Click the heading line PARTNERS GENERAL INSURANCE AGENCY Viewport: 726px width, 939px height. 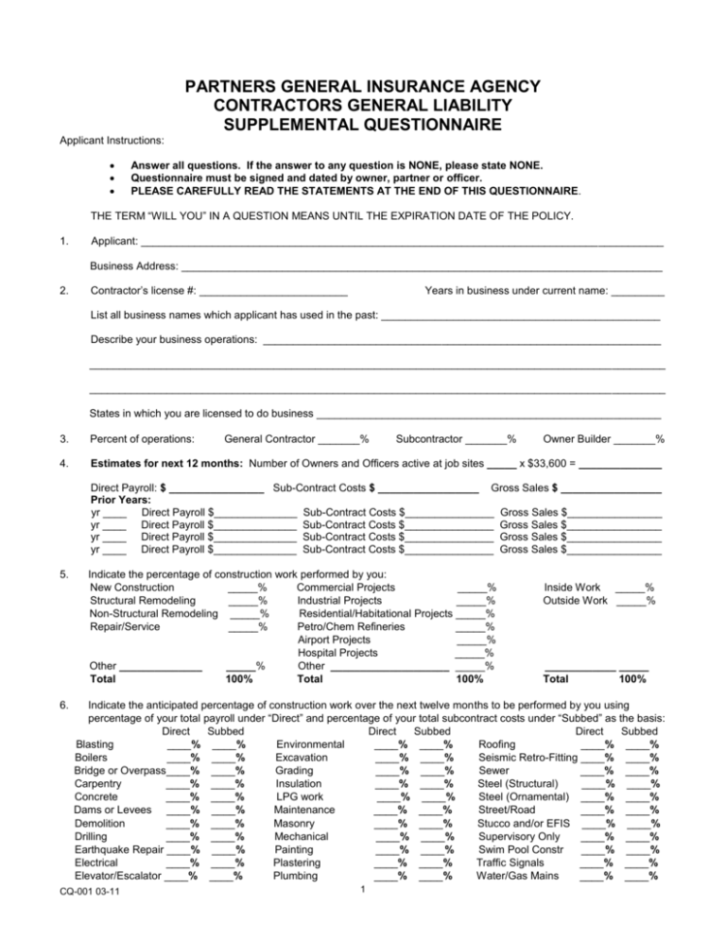tap(364, 86)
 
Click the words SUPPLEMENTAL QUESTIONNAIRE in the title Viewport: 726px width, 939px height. tap(364, 123)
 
